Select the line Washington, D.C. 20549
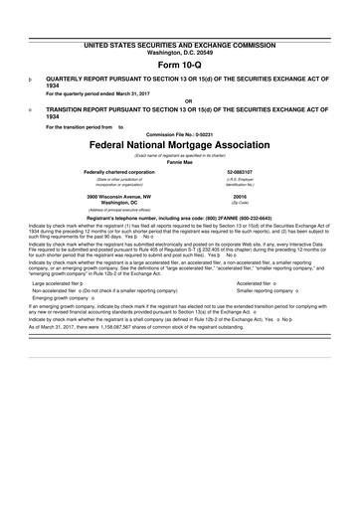[180, 26]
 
